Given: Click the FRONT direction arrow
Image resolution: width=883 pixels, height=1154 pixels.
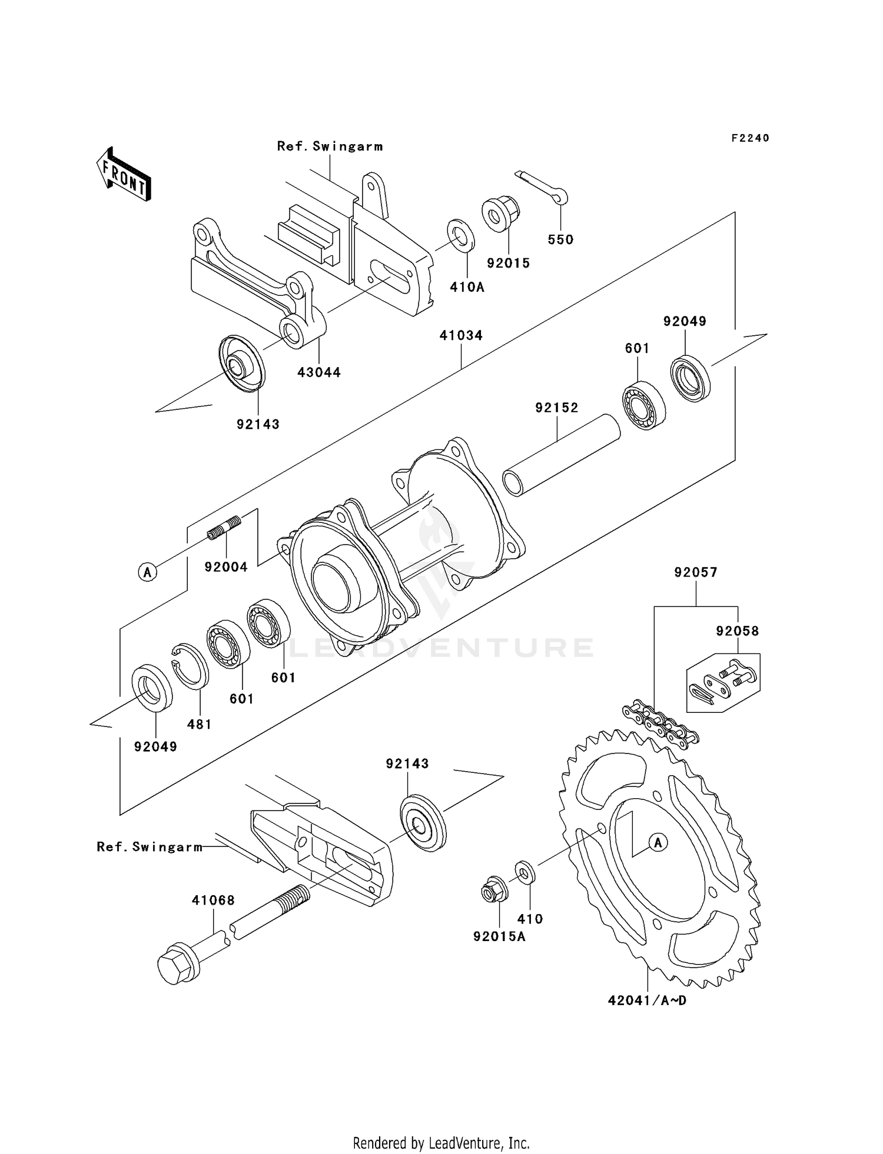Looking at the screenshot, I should (124, 175).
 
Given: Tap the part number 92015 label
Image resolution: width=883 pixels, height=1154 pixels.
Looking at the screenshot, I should (509, 263).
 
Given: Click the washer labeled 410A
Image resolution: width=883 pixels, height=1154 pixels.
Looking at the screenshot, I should (460, 235).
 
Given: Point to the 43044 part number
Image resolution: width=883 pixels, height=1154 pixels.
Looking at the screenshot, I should (318, 372).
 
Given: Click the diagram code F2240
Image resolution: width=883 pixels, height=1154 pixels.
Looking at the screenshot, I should (750, 138).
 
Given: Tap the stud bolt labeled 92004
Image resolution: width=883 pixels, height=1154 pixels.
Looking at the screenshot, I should (224, 526).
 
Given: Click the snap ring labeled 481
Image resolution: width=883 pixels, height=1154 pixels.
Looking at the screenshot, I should (190, 666).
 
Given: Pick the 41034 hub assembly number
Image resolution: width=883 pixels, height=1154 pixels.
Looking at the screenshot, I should (461, 335).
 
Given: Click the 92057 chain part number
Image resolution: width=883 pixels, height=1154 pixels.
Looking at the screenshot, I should (696, 572).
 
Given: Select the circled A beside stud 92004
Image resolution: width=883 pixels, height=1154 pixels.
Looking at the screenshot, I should (147, 572).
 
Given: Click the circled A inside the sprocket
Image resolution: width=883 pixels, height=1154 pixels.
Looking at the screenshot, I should (658, 843).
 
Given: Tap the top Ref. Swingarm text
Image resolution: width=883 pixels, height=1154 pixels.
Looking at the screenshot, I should (330, 146).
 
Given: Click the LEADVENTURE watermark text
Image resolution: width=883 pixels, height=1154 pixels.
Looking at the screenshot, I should (441, 648).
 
